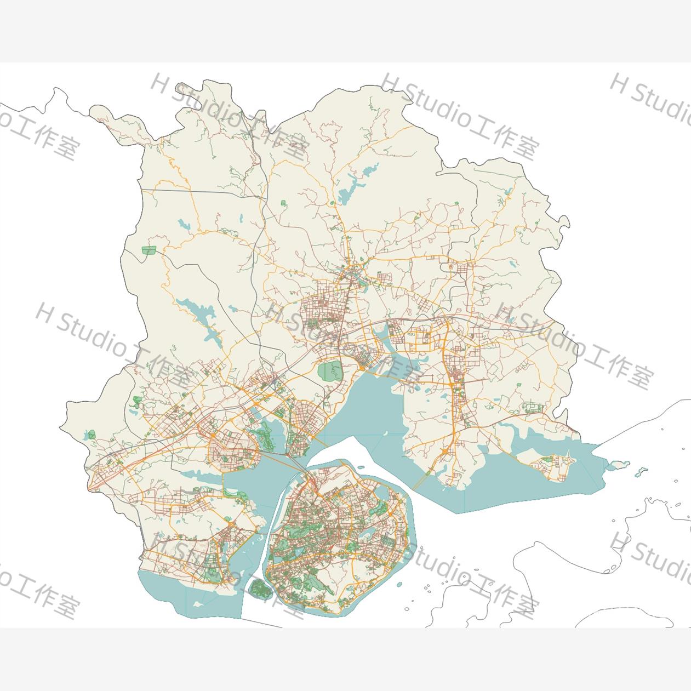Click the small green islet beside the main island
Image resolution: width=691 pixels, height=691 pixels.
(x=260, y=589)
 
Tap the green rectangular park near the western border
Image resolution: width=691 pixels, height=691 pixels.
(x=149, y=250)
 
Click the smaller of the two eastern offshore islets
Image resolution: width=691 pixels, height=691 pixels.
(x=641, y=470)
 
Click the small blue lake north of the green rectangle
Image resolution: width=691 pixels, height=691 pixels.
(x=183, y=224)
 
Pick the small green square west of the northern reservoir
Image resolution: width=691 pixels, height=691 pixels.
(x=283, y=203)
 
